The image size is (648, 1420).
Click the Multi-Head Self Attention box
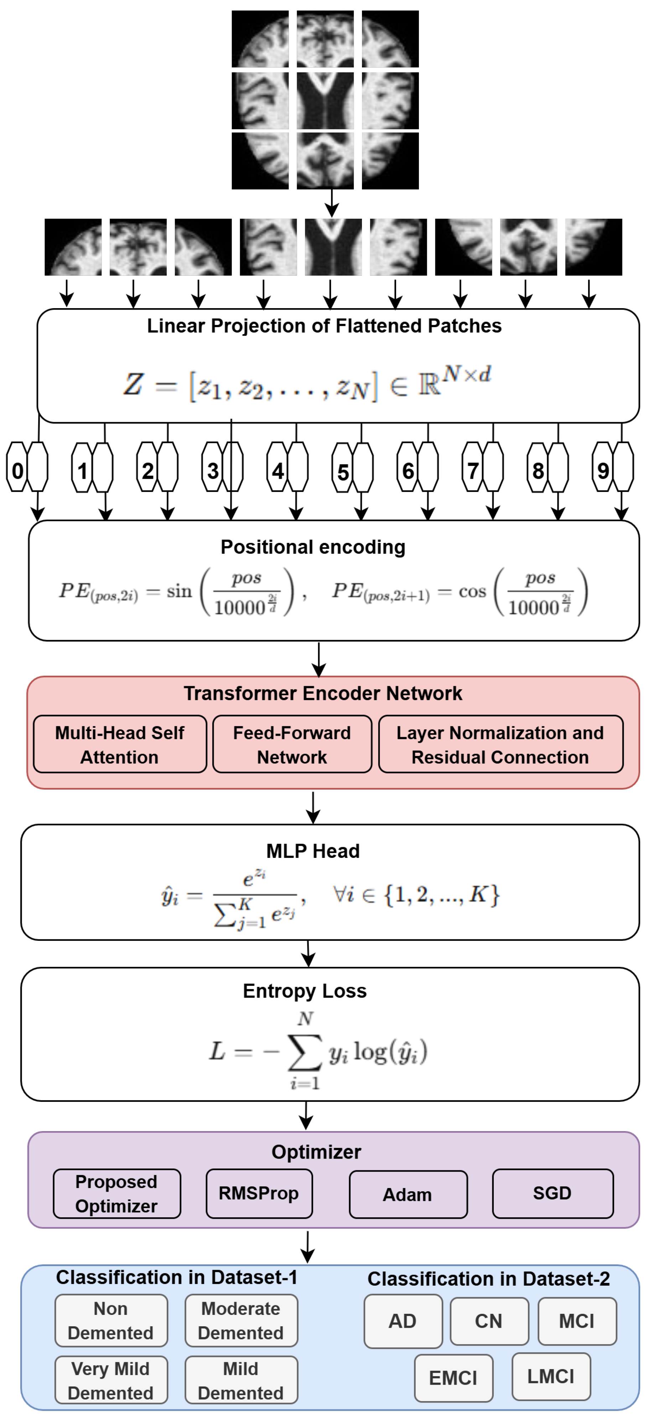click(x=120, y=744)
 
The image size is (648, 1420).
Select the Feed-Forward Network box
click(x=292, y=744)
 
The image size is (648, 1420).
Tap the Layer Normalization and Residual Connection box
click(x=500, y=744)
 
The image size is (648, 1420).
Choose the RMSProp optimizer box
click(x=259, y=1193)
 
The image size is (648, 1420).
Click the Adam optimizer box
click(x=408, y=1194)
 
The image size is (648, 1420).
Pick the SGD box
click(x=552, y=1193)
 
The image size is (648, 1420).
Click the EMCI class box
click(x=453, y=1378)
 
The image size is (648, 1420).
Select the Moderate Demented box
click(x=241, y=1320)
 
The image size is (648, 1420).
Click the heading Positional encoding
click(x=313, y=547)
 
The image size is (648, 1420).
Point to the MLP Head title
click(x=313, y=851)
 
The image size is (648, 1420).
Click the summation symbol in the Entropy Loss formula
click(x=304, y=1051)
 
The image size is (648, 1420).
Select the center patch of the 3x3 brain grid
click(x=325, y=100)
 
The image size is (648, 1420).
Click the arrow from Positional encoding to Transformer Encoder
click(x=318, y=659)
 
